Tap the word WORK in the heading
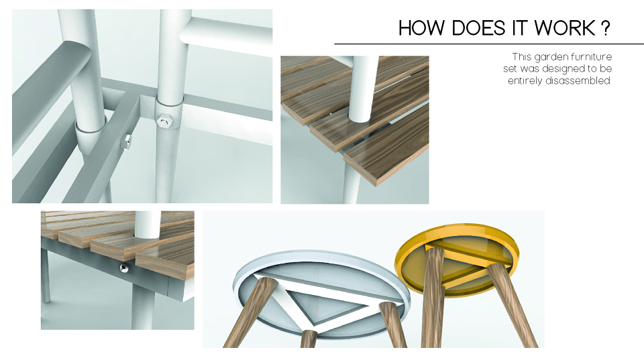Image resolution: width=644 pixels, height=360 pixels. click(565, 28)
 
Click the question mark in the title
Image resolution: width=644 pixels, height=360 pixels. click(605, 28)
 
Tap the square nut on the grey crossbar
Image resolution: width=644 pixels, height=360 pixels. click(126, 141)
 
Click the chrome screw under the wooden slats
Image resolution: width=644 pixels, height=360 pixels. click(124, 268)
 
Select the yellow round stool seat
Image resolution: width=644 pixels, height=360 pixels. click(456, 257)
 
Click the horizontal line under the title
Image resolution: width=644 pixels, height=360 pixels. click(489, 44)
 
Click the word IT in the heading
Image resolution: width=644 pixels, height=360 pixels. click(520, 28)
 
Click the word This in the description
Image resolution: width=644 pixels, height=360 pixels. click(522, 56)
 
